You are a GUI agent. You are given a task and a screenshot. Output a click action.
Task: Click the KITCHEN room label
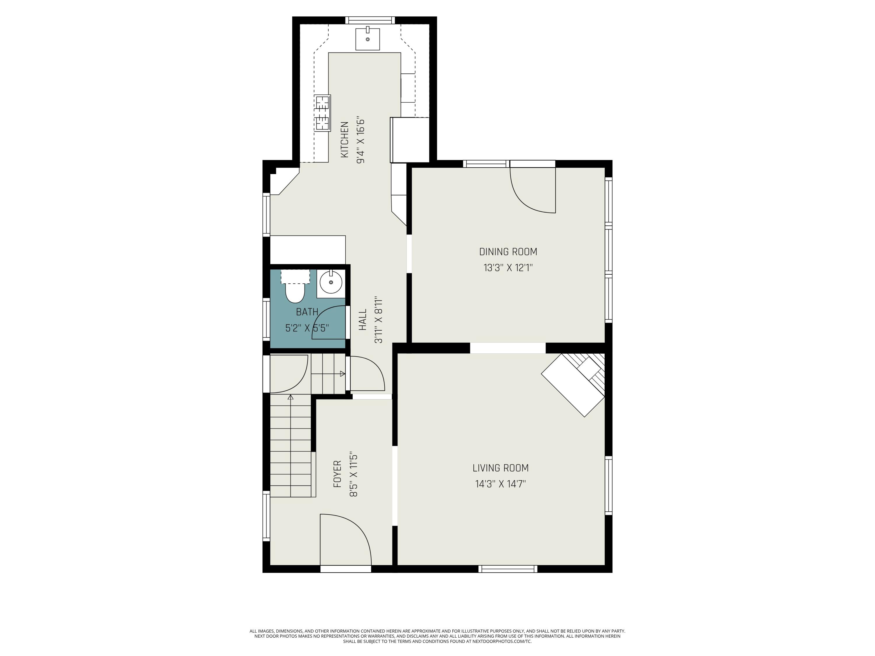[x=344, y=140]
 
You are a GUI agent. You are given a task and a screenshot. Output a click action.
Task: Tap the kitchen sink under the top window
[x=367, y=39]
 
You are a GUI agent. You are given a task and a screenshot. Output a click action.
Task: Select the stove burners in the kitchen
[x=322, y=113]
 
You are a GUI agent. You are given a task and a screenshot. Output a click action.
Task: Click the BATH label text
[x=307, y=312]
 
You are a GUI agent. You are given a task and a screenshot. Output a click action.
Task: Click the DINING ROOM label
[x=508, y=252]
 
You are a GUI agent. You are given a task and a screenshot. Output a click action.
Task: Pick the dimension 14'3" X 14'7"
[x=501, y=484]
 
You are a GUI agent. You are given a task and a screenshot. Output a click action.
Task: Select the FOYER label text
[x=337, y=474]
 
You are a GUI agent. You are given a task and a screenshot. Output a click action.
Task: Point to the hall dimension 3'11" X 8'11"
[x=379, y=320]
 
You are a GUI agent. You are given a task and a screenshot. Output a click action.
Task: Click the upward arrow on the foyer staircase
[x=291, y=397]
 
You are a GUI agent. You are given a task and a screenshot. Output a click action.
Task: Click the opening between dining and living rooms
[x=508, y=348]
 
